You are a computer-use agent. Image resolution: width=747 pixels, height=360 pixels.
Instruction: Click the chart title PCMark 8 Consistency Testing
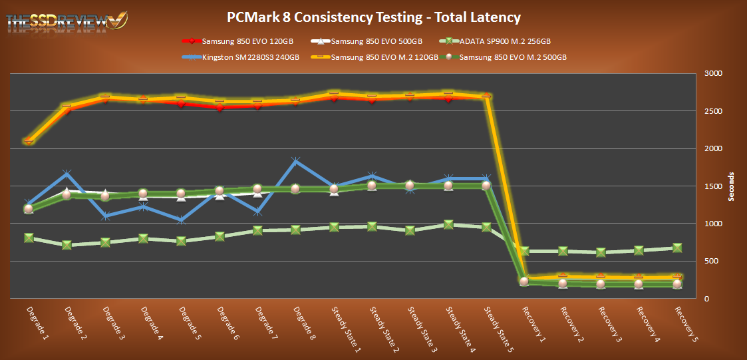[373, 17]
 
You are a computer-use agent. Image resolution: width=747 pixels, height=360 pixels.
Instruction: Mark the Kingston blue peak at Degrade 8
[295, 160]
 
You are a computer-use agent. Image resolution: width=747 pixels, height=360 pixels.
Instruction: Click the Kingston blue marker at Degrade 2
[67, 174]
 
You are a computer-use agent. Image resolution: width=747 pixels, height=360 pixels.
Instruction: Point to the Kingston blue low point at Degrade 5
[181, 220]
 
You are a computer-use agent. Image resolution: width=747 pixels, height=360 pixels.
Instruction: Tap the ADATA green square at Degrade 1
[29, 238]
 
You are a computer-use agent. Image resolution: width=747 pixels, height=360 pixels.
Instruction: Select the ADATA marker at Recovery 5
[677, 248]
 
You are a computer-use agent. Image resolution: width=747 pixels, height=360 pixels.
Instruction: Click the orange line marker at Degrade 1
[29, 140]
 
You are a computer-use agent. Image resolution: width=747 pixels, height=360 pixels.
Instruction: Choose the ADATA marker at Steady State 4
[448, 225]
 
